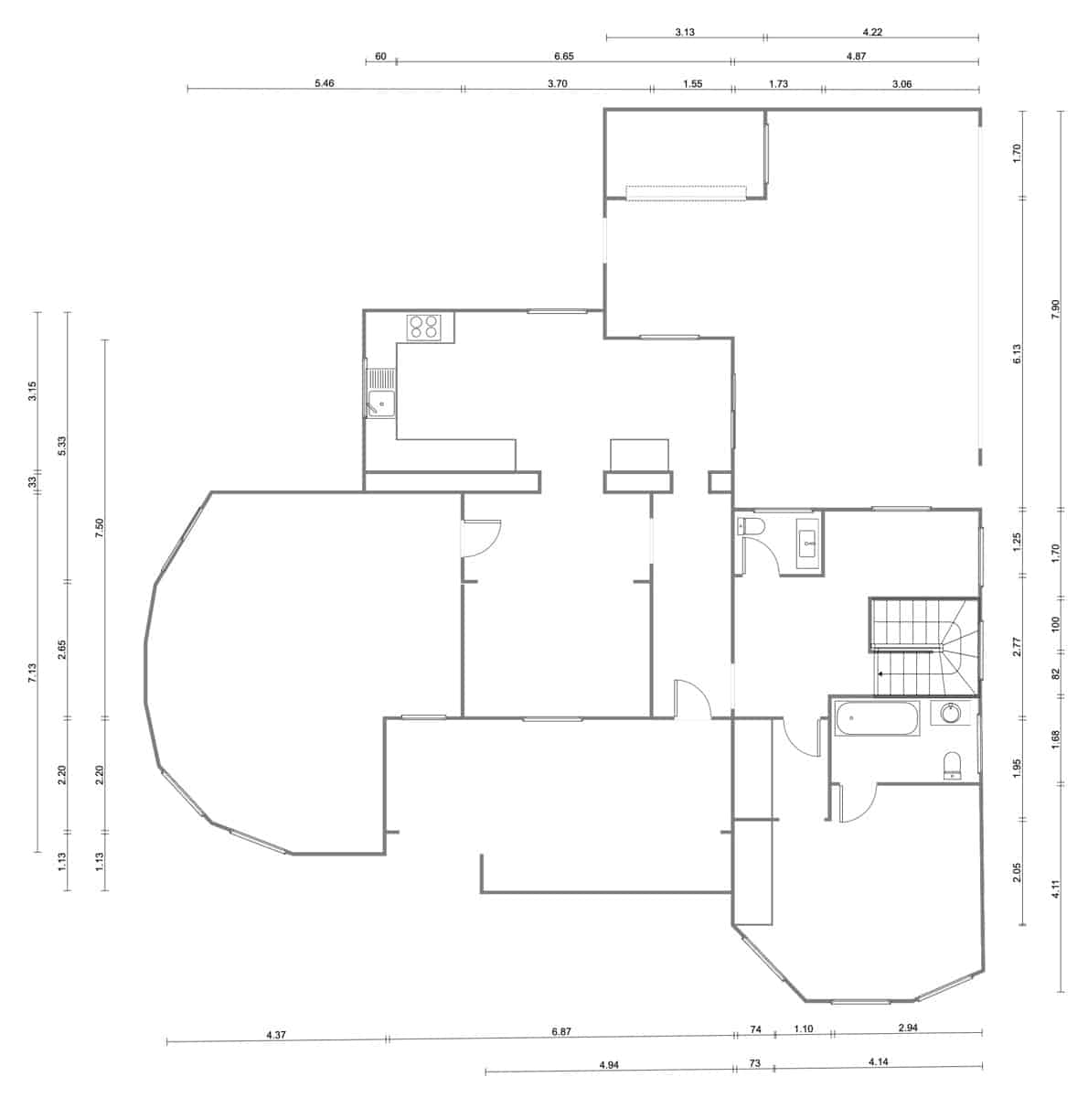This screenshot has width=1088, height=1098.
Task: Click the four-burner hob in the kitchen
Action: coord(424,327)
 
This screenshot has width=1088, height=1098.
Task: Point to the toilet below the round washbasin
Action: coord(953,766)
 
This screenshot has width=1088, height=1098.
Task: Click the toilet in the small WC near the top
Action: coord(751,527)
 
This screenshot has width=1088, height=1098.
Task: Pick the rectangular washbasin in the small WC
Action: coord(808,543)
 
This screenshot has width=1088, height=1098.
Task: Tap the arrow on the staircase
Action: coord(880,673)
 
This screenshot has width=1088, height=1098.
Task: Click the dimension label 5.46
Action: coord(325,83)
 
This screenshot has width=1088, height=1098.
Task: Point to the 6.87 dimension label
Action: coord(561,1031)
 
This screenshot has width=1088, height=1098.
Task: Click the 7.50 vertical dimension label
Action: coord(101,528)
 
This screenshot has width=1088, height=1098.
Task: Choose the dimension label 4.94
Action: coord(610,1064)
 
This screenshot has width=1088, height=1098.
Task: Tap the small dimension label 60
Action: coord(380,57)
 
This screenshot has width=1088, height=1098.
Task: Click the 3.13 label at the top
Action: coord(685,32)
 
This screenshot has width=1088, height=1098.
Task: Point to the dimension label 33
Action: coord(32,481)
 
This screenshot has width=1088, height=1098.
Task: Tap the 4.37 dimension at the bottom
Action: coord(276,1035)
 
